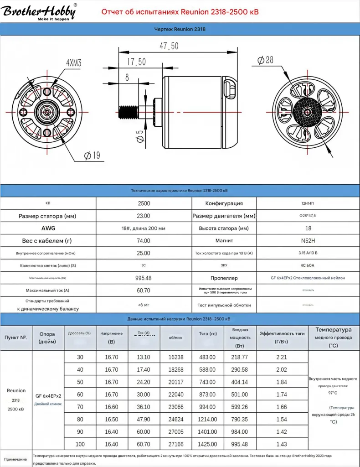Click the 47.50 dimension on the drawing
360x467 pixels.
pos(169,46)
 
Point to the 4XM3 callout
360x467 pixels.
pos(73,63)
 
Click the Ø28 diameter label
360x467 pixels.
pos(265,60)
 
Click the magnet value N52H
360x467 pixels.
pos(308,240)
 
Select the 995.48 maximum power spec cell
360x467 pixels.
pos(144,278)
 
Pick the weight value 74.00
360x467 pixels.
pos(144,240)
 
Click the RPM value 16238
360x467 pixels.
pos(175,358)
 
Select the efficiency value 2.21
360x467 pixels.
pos(282,358)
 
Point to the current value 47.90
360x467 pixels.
pos(144,419)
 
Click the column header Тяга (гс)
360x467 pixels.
pos(207,334)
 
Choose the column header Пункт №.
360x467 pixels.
pos(16,337)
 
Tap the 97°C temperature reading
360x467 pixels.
pos(333,392)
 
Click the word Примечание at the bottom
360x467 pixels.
pos(16,460)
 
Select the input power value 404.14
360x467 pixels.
pos(240,382)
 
